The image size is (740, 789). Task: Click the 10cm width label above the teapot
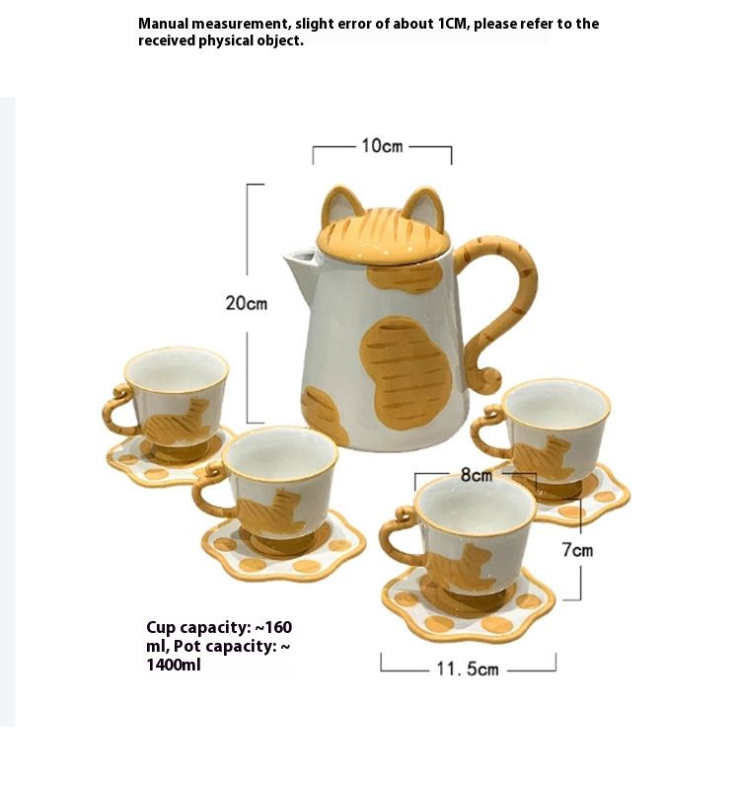coord(382,146)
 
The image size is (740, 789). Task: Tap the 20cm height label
coord(247,303)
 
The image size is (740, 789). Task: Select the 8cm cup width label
coord(477,475)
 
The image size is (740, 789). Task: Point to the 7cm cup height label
coord(577,550)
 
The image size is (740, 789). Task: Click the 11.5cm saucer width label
coord(468,669)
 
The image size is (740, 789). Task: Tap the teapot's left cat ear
coord(339,203)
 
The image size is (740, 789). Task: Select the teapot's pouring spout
coord(301,270)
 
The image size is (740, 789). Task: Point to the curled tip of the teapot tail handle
coord(488,380)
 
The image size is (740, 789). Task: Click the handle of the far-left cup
coord(117,409)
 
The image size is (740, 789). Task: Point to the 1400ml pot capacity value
coord(174,665)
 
